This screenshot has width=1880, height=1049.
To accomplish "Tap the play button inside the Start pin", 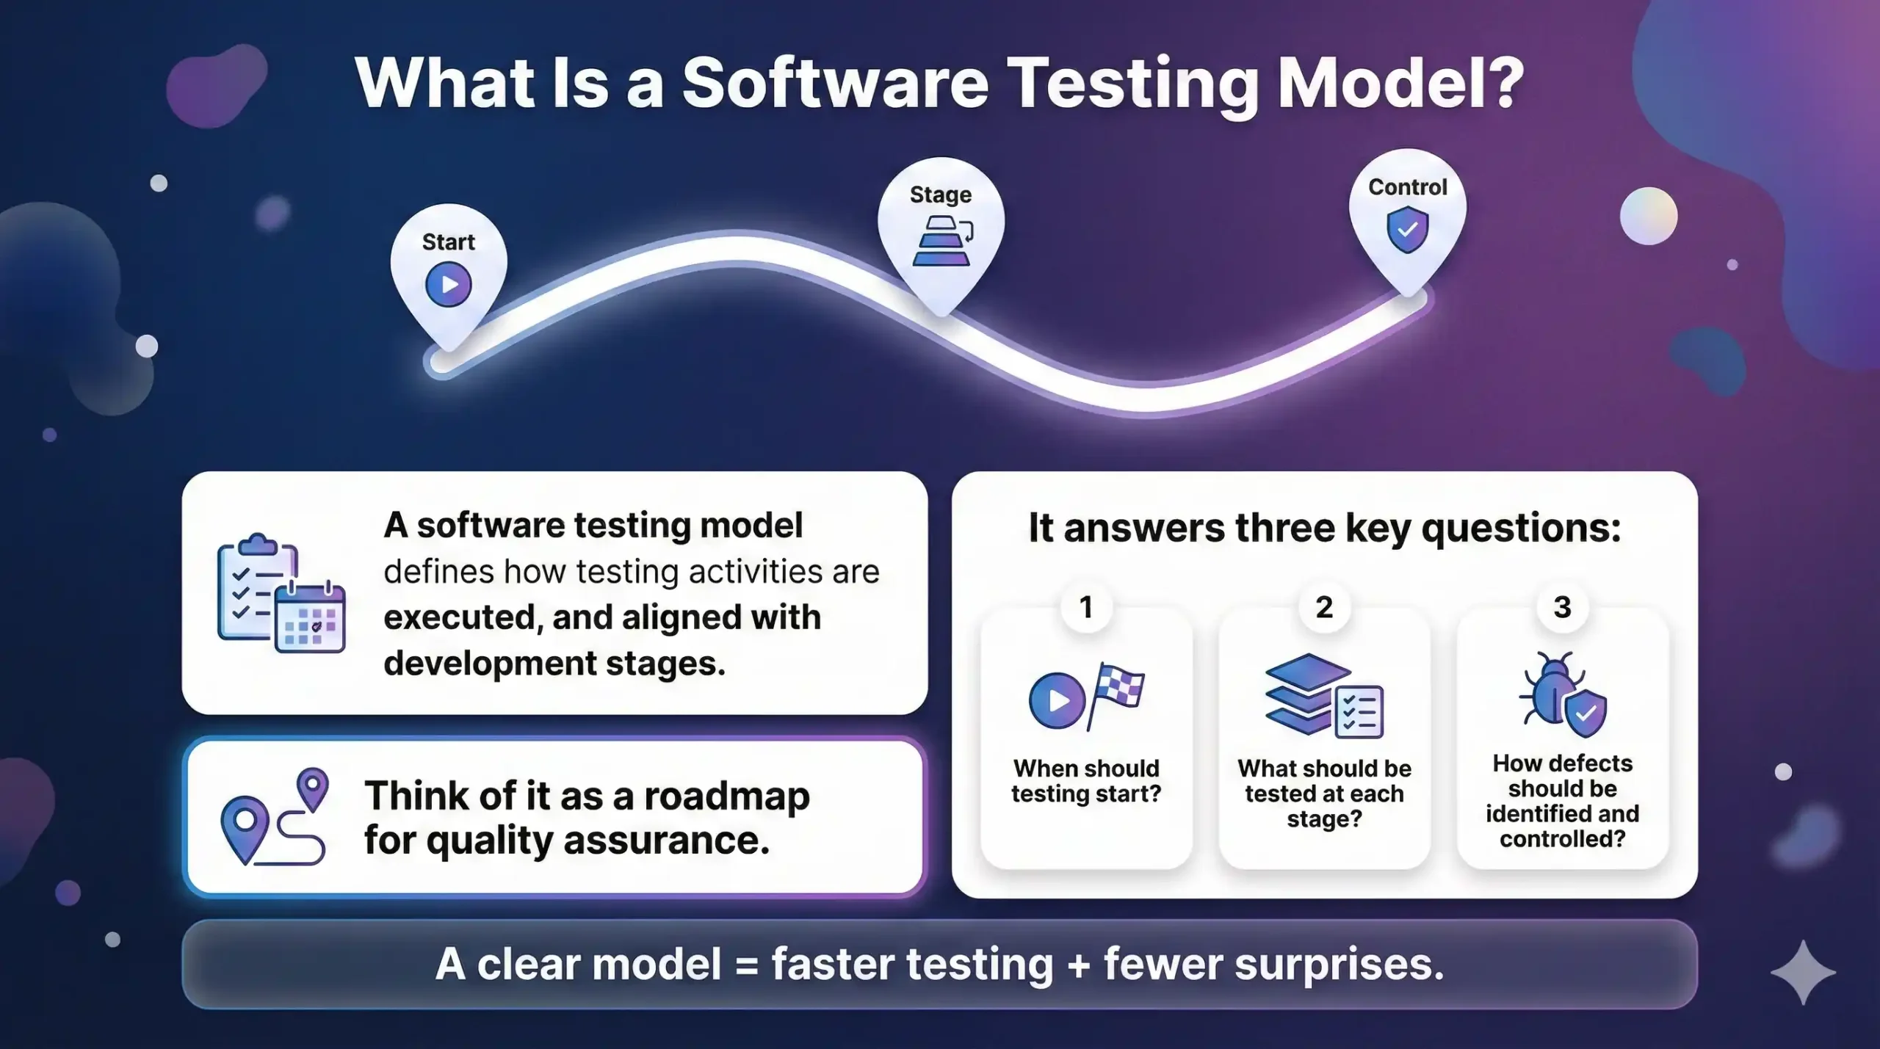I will (448, 285).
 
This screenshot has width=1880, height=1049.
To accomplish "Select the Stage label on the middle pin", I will (940, 195).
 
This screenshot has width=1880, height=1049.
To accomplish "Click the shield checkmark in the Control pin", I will (1407, 230).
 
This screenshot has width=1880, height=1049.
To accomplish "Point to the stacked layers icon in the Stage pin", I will (941, 241).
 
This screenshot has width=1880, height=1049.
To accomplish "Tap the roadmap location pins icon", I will (274, 816).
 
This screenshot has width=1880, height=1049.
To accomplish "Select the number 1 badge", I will (1086, 607).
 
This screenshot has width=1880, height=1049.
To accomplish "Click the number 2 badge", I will (1324, 607).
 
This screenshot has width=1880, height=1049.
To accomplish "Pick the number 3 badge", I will (1562, 607).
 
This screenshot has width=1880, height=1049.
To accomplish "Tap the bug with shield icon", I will (1563, 694).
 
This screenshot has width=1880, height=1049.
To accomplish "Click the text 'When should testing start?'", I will (1086, 781).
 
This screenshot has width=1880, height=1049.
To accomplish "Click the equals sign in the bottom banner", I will (745, 965).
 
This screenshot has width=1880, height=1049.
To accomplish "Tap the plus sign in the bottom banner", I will (1078, 965).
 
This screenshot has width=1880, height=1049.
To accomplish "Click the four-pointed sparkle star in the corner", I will (1803, 972).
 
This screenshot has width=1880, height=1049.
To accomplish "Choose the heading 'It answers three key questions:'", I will (1324, 528).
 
